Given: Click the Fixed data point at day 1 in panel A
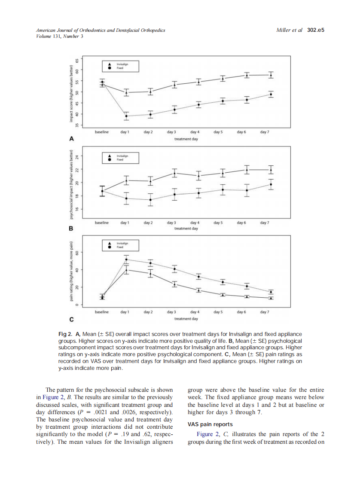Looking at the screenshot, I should pos(126,116).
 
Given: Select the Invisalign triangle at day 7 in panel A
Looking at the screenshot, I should pos(271,75).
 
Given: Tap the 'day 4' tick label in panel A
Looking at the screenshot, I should pos(195,132).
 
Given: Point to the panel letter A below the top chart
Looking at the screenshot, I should pos(72,139).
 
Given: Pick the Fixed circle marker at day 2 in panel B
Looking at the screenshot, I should pos(150,200).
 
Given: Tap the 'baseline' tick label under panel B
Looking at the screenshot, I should pos(102,223).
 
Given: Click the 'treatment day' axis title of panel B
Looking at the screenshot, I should pos(186,229).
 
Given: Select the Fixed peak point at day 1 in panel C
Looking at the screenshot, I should pos(126,259).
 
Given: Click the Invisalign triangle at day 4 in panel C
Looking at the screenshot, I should pos(198,290).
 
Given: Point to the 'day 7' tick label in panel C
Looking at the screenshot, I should pos(265,312).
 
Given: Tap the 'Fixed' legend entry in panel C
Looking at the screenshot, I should pos(120,247).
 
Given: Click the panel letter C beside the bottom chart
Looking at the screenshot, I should pos(72,319).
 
